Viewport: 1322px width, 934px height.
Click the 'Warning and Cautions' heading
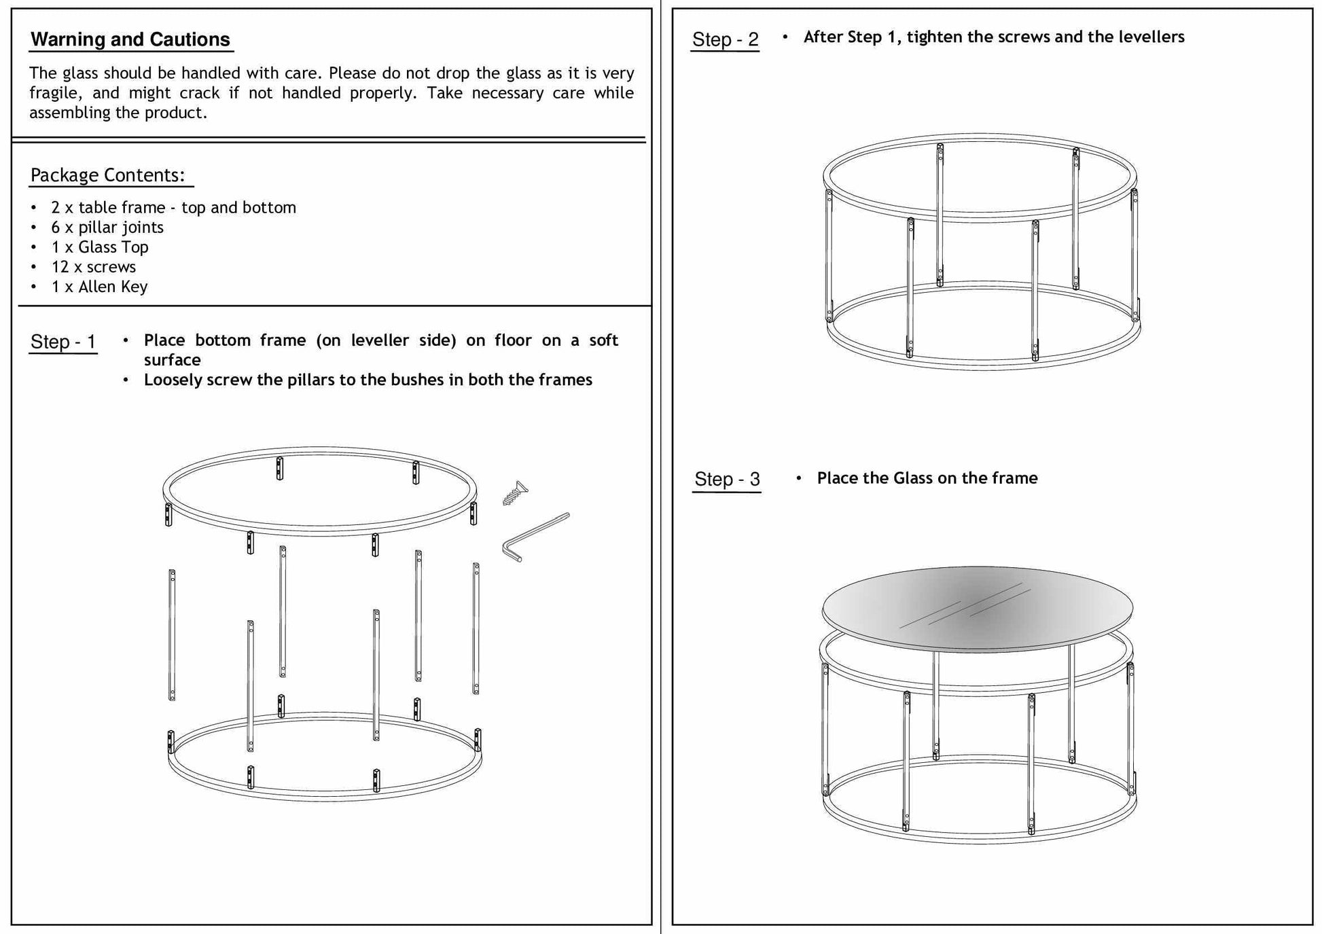130,39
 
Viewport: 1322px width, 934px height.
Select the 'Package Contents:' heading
107,175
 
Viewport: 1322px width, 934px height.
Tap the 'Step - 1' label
63,342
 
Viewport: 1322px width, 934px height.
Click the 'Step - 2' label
725,39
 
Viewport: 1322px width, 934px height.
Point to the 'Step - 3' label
726,479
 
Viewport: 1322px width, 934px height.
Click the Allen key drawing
535,537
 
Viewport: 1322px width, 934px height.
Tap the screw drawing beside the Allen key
515,493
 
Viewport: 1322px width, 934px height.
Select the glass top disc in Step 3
977,608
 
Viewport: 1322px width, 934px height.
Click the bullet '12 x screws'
93,267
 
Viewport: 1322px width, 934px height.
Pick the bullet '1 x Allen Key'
99,287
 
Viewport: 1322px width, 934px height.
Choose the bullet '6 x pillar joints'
107,228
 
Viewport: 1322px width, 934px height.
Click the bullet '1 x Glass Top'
99,247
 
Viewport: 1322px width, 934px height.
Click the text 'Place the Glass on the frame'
927,478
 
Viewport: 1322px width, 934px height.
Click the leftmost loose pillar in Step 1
172,635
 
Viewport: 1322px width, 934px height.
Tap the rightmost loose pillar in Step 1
476,628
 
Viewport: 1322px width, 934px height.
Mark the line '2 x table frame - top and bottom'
173,208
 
